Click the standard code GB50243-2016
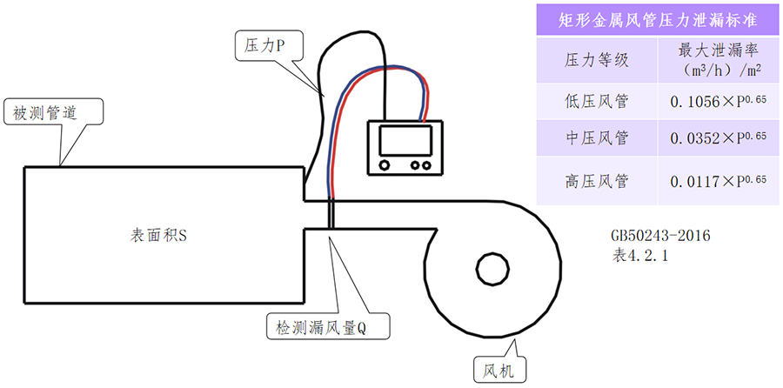point(660,236)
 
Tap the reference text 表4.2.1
point(642,256)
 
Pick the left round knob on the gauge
point(385,164)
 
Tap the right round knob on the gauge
point(425,164)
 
